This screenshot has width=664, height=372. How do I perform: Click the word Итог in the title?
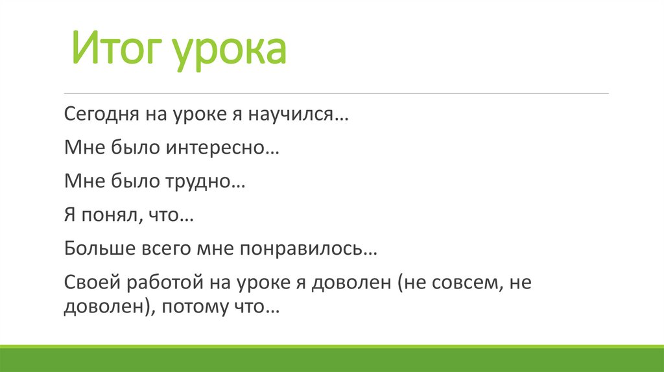click(x=115, y=51)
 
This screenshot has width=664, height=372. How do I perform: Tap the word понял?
click(x=108, y=216)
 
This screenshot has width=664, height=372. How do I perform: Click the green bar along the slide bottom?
click(x=332, y=360)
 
